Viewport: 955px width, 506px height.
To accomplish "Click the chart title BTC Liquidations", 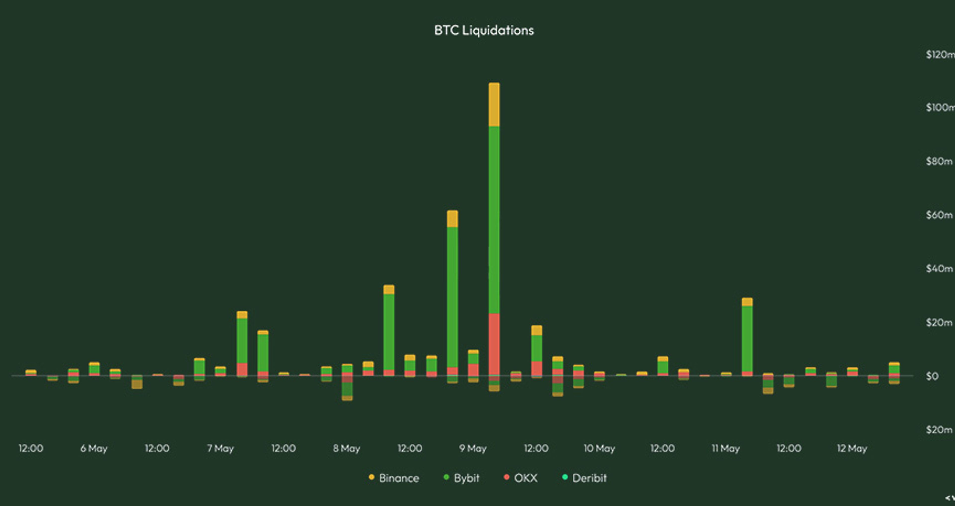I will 484,30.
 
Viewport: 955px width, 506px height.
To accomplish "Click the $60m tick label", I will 939,215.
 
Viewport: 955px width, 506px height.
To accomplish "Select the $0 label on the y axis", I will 932,376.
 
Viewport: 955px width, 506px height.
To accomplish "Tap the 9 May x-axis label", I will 473,449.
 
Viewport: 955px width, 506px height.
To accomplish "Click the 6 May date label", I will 94,449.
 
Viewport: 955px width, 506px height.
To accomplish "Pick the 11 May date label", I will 725,449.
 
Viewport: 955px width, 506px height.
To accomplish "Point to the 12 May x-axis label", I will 852,449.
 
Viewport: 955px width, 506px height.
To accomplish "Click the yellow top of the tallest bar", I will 494,105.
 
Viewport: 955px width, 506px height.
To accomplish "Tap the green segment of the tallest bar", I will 494,220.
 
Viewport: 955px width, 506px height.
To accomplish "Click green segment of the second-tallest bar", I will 452,296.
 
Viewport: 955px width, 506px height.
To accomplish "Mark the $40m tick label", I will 939,269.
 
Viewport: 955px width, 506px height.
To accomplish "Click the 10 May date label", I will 599,449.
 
